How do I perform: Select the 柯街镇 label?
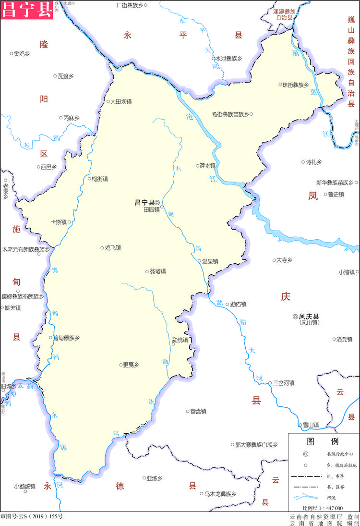(x=99, y=179)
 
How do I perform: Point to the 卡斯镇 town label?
(x=59, y=222)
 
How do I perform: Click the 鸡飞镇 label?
(x=113, y=248)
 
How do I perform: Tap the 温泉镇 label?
(x=210, y=261)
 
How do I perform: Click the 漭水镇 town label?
(x=207, y=165)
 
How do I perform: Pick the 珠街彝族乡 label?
(x=295, y=85)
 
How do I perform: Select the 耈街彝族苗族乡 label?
(x=230, y=114)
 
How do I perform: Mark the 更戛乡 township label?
(x=131, y=365)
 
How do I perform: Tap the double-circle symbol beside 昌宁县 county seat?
(x=157, y=203)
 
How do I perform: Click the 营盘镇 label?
(x=198, y=411)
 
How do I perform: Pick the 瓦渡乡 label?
(x=65, y=76)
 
